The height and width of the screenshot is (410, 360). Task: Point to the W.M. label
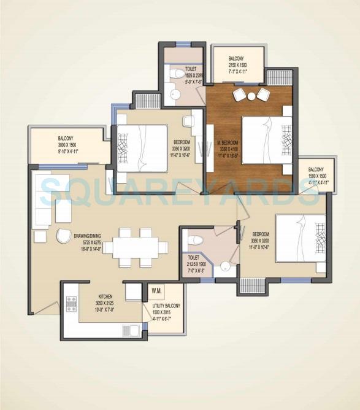pyautogui.click(x=156, y=290)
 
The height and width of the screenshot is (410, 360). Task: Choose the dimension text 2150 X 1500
pyautogui.click(x=237, y=64)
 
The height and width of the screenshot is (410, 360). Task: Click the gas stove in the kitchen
pyautogui.click(x=71, y=304)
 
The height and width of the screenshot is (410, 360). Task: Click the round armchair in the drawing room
pyautogui.click(x=64, y=236)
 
